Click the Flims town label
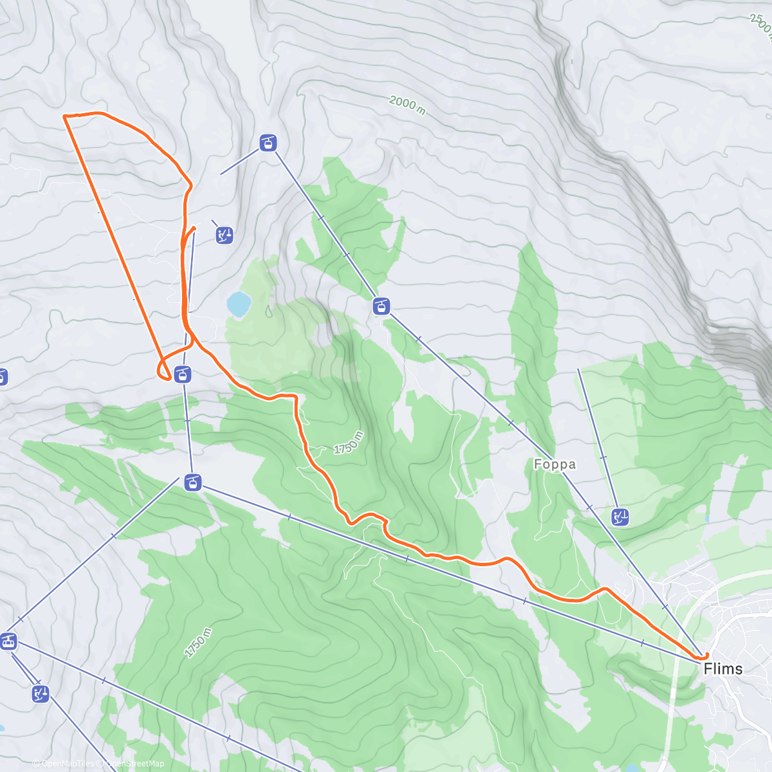click(x=722, y=669)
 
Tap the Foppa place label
click(x=555, y=464)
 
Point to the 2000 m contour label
click(x=407, y=105)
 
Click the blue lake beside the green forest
click(x=238, y=304)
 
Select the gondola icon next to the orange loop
click(x=183, y=374)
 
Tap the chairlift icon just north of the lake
click(x=224, y=235)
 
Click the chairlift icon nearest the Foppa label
click(x=620, y=517)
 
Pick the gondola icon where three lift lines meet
click(x=192, y=482)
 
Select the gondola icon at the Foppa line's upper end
click(x=268, y=143)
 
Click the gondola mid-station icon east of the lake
click(x=381, y=306)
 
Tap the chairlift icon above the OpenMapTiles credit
click(x=40, y=694)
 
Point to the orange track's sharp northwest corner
click(x=64, y=116)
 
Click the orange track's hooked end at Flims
click(x=706, y=656)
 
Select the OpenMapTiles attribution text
click(x=64, y=764)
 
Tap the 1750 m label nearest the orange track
click(x=349, y=443)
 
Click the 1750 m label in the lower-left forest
click(x=198, y=643)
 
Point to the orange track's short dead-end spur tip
click(x=194, y=228)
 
